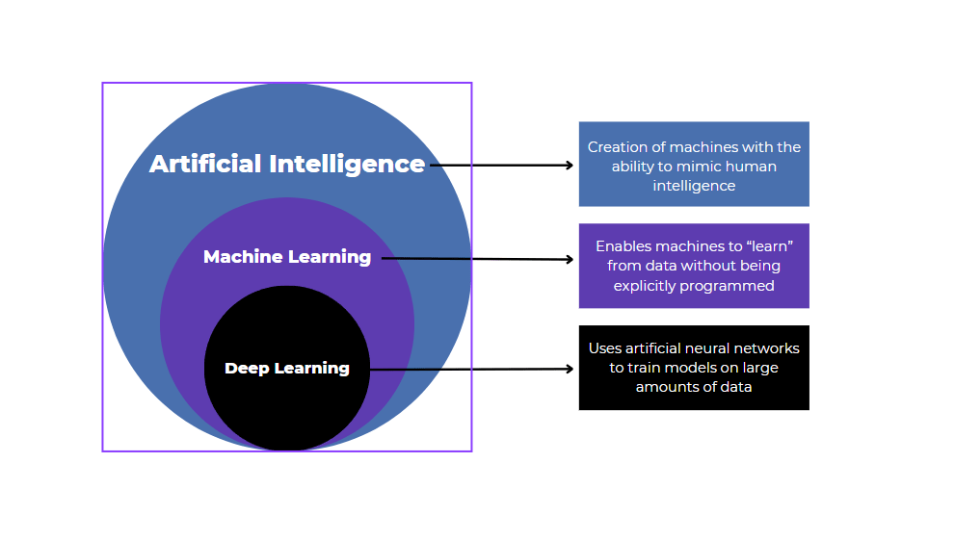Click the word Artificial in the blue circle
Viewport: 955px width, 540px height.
[x=205, y=165]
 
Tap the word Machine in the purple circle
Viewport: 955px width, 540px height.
[x=243, y=257]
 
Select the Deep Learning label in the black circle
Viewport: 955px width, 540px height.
[x=287, y=369]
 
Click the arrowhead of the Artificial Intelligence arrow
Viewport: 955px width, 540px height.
[x=570, y=166]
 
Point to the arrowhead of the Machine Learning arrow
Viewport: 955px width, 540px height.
[x=570, y=259]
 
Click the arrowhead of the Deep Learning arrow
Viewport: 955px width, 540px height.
[x=570, y=369]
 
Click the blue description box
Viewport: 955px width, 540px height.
[x=694, y=164]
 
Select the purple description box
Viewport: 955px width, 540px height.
[x=694, y=266]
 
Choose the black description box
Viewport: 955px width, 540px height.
[x=694, y=368]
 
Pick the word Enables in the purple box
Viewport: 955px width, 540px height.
[x=623, y=246]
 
